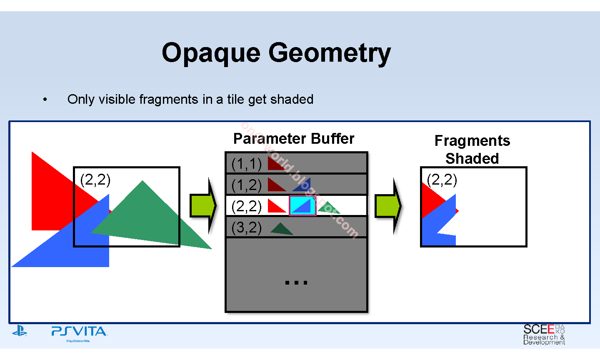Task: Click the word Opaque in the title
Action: (211, 53)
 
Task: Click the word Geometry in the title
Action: (330, 53)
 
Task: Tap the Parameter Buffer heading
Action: (294, 139)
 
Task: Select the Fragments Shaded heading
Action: (472, 150)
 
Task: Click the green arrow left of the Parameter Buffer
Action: (203, 205)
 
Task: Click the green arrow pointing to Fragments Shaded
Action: (388, 205)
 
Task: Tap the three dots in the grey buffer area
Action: (296, 282)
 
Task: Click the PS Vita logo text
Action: (79, 332)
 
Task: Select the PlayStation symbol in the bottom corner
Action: (20, 332)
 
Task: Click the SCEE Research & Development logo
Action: (544, 335)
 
